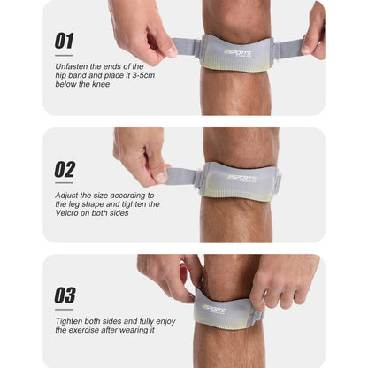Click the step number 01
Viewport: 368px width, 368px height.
tap(65, 41)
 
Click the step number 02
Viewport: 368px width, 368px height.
tap(65, 168)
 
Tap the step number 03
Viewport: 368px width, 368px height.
tap(65, 295)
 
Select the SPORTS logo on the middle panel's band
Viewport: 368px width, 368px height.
tap(240, 178)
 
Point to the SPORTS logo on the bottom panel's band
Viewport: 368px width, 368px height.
tap(215, 309)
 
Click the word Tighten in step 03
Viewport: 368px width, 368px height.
tap(69, 319)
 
